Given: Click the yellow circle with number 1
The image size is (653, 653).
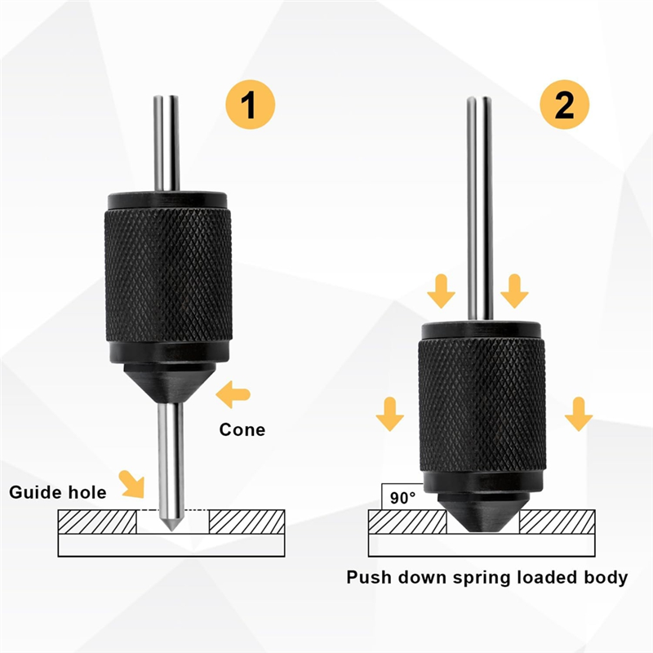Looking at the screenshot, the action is [x=251, y=104].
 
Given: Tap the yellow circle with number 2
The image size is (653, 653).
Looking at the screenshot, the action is [x=564, y=104].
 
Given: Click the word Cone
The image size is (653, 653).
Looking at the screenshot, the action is [x=242, y=430].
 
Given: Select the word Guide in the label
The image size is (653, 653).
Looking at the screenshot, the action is [x=33, y=492].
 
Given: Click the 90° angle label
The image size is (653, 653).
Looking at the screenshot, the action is [x=402, y=498].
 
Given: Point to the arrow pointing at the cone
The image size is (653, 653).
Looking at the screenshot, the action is [x=233, y=394].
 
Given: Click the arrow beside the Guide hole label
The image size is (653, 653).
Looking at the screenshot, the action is [x=131, y=484].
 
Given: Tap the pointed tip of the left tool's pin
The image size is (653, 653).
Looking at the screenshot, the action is [x=171, y=531].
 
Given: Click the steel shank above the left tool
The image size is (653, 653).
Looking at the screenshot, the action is [x=167, y=144].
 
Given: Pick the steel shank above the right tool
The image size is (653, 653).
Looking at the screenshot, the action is [x=480, y=208].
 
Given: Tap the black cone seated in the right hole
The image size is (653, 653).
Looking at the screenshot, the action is [x=483, y=513].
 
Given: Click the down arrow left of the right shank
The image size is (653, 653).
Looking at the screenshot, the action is [x=442, y=291].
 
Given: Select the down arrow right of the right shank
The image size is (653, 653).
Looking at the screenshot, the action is [x=515, y=291].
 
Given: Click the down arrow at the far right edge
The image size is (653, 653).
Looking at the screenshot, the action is [x=579, y=414].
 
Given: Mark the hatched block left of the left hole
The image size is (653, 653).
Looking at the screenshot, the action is [x=97, y=522].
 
